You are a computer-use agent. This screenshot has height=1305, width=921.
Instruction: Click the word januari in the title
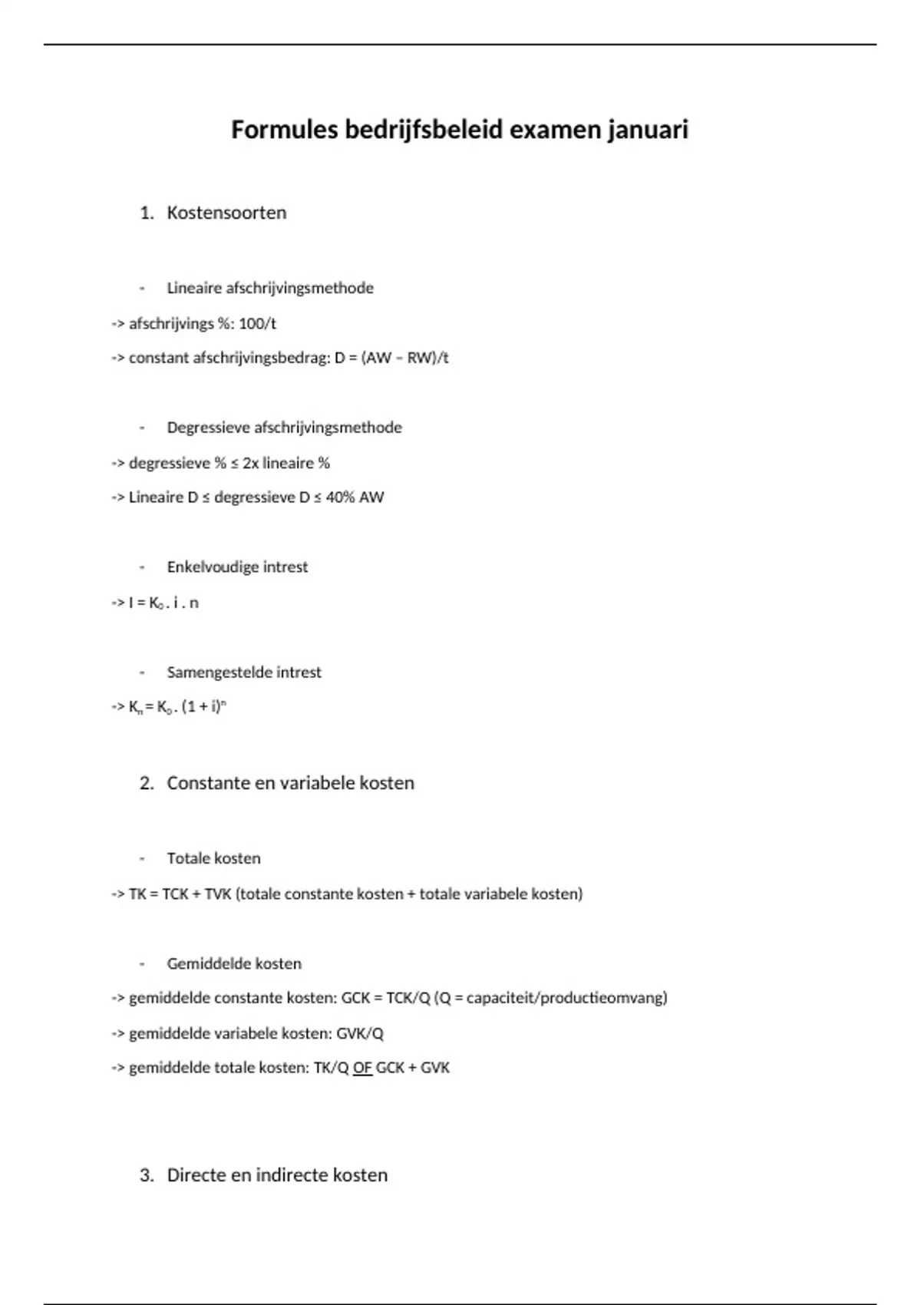click(648, 130)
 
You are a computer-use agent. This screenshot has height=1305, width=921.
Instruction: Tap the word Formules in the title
click(284, 130)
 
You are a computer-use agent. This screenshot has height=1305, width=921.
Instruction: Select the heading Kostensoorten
click(226, 213)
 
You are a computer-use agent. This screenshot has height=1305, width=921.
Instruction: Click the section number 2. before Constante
click(147, 783)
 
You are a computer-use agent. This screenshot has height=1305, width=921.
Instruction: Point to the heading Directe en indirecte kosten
click(277, 1175)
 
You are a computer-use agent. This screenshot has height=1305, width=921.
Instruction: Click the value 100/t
click(257, 324)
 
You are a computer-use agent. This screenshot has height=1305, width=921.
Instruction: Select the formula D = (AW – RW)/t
click(391, 358)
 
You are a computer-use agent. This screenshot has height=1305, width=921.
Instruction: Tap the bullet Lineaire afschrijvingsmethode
click(270, 289)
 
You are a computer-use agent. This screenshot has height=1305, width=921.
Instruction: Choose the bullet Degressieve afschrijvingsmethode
click(284, 428)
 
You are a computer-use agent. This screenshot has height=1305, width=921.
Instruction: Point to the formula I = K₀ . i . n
click(163, 603)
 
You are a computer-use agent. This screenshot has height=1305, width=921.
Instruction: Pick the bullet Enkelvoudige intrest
click(237, 567)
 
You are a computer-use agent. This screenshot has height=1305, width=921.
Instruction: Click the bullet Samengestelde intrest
click(244, 672)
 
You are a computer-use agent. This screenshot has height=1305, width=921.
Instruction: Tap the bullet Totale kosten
click(213, 858)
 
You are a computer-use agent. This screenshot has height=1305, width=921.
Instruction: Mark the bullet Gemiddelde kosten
click(234, 963)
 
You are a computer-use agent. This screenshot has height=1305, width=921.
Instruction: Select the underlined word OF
click(362, 1068)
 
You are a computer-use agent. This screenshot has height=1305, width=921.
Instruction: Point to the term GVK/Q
click(360, 1034)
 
